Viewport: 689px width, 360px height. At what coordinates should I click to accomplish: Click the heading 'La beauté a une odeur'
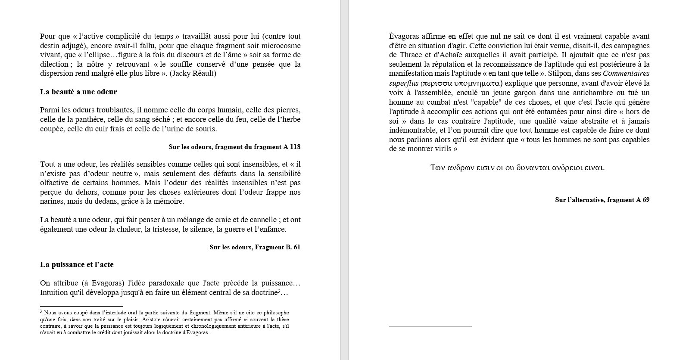click(x=78, y=92)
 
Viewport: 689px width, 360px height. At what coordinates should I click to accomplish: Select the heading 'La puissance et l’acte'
click(x=77, y=264)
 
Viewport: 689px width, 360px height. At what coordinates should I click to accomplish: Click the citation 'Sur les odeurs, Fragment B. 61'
click(x=255, y=247)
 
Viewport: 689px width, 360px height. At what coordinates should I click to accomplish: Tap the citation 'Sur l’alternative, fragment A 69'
click(x=602, y=200)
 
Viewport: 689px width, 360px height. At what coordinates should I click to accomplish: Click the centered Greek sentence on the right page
click(x=517, y=168)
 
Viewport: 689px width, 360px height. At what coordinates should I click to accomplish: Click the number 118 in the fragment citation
click(x=295, y=147)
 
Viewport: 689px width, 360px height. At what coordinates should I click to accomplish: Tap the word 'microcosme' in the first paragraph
click(x=282, y=46)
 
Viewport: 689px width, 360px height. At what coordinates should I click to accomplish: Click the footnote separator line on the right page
click(x=430, y=326)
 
